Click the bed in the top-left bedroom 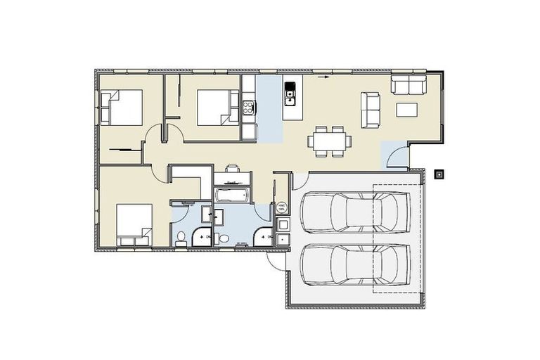coord(123,108)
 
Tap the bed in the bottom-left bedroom coord(134,224)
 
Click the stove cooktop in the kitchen coord(248,108)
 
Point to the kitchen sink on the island coord(290,91)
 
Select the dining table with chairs coord(329,140)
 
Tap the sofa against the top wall coord(409,85)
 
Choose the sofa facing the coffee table coord(371,110)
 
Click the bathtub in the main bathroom coord(231,194)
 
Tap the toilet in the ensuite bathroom coord(181,237)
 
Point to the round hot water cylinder coord(281,208)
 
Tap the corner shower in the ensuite coord(202,235)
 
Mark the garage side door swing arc coord(276,261)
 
